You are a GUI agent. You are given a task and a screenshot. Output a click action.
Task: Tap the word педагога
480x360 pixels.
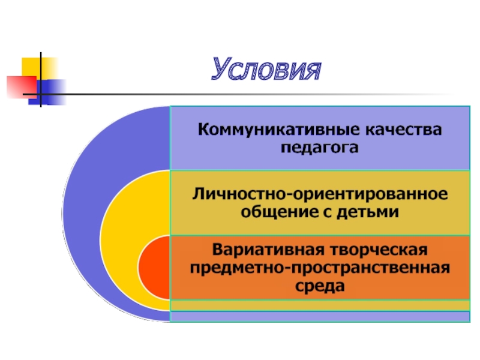[x=320, y=147]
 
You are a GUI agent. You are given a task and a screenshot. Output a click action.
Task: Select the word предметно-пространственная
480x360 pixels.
[x=320, y=267]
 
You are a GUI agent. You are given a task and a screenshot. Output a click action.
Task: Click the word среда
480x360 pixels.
[x=320, y=286]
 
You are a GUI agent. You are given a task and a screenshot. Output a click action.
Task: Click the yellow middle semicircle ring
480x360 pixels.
[x=120, y=240]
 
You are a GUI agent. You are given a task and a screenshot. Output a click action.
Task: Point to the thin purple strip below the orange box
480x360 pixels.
[x=320, y=316]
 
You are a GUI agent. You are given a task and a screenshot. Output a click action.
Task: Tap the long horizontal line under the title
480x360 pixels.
[x=240, y=95]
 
